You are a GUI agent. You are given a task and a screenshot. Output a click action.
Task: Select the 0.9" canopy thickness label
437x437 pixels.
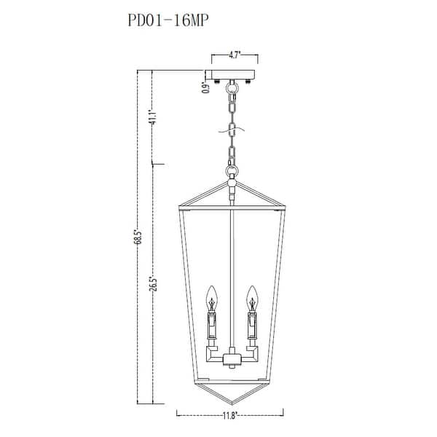pyautogui.click(x=206, y=88)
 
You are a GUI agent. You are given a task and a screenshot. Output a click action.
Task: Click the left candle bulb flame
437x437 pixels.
pyautogui.click(x=212, y=296)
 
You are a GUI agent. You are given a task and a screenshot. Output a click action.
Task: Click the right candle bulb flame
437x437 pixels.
pyautogui.click(x=252, y=296)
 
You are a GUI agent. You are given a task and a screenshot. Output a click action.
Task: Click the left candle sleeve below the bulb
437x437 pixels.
pyautogui.click(x=212, y=324)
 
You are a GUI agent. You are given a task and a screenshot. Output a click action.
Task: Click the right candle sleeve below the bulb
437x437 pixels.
pyautogui.click(x=252, y=324)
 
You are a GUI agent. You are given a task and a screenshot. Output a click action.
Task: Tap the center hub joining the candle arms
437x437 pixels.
pyautogui.click(x=232, y=358)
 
